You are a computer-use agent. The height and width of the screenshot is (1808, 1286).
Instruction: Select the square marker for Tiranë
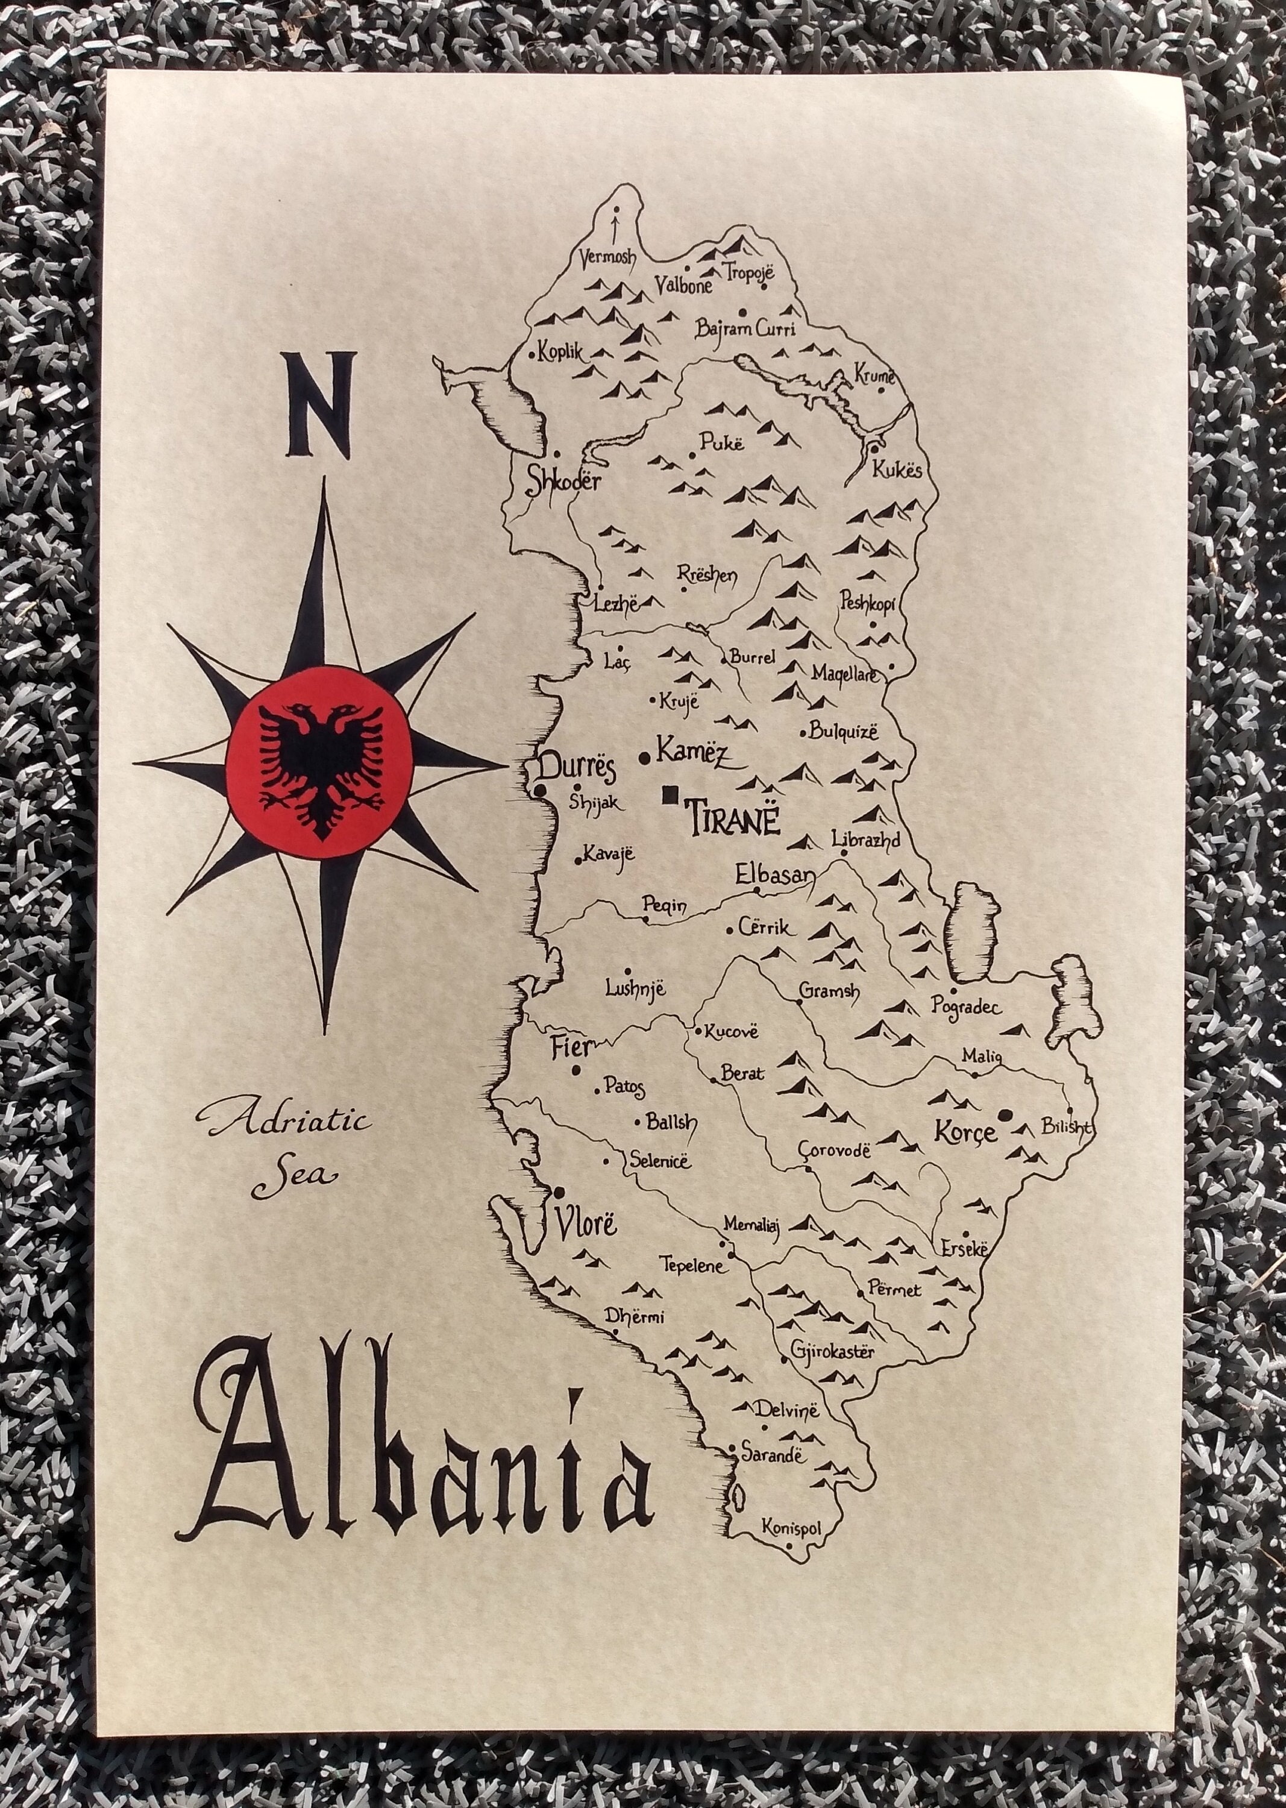(671, 792)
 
